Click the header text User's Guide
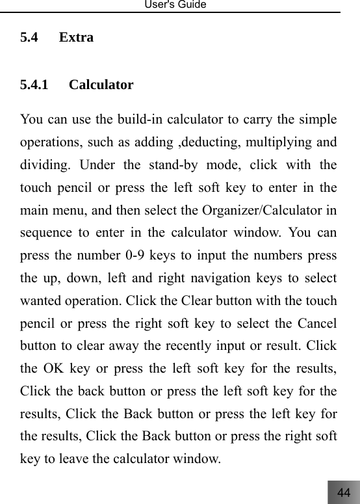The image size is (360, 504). tap(180, 5)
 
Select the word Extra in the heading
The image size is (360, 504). tap(76, 38)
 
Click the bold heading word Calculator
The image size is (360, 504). tap(101, 85)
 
